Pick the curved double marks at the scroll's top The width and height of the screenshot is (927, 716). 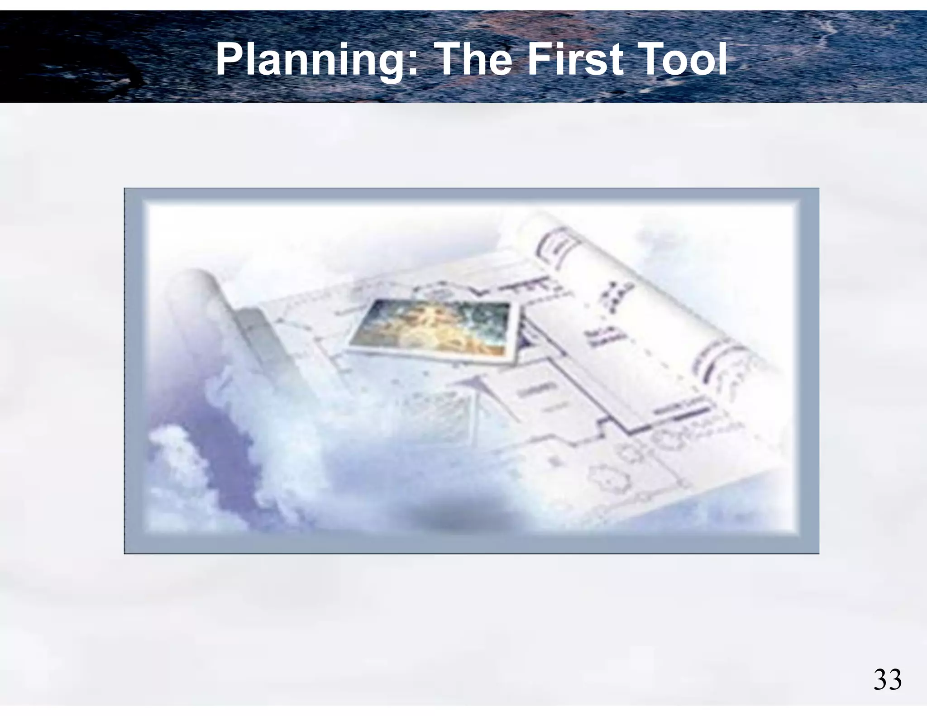[554, 247]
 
